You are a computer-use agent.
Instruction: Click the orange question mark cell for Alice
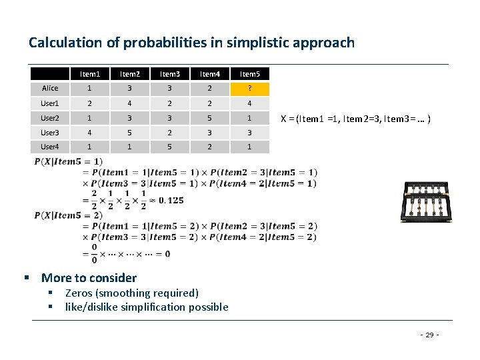coord(249,89)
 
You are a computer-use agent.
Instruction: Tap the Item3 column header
coord(171,74)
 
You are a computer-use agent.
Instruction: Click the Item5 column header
coord(249,74)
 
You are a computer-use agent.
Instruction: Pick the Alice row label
coord(50,89)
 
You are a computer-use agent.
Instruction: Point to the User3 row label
coord(50,133)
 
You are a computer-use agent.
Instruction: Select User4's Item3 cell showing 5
coord(171,147)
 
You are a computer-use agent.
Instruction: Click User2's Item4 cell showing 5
coord(210,118)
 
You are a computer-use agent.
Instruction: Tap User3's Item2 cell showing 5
coord(131,133)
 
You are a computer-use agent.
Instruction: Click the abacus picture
coord(427,202)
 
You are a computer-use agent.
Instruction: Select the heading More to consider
coord(89,278)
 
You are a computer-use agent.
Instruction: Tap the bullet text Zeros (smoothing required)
coord(132,293)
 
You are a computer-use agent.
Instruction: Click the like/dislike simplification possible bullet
coord(147,307)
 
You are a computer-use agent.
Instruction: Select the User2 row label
coord(50,118)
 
